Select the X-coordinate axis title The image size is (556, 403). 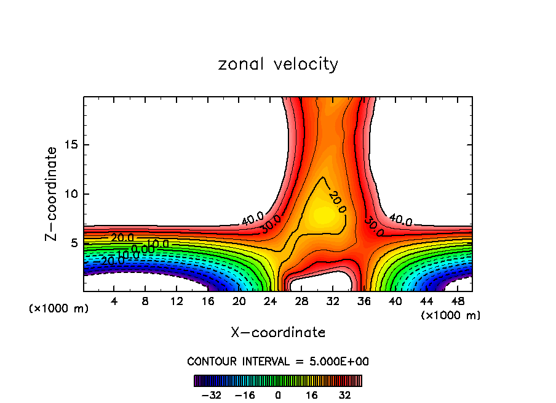click(x=278, y=333)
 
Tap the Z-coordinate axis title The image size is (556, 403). click(x=52, y=193)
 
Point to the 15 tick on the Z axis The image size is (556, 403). click(x=71, y=145)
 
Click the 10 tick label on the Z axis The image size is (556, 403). click(x=71, y=194)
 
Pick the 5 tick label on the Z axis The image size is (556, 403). click(x=74, y=243)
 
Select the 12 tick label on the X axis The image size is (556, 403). click(x=177, y=301)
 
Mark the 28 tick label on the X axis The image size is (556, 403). click(x=301, y=301)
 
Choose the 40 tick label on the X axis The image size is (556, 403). click(x=394, y=301)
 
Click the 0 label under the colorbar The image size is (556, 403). click(x=278, y=395)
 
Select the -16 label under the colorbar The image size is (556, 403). click(x=245, y=395)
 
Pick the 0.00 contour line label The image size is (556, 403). click(x=143, y=250)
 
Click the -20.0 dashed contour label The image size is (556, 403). click(x=113, y=260)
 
